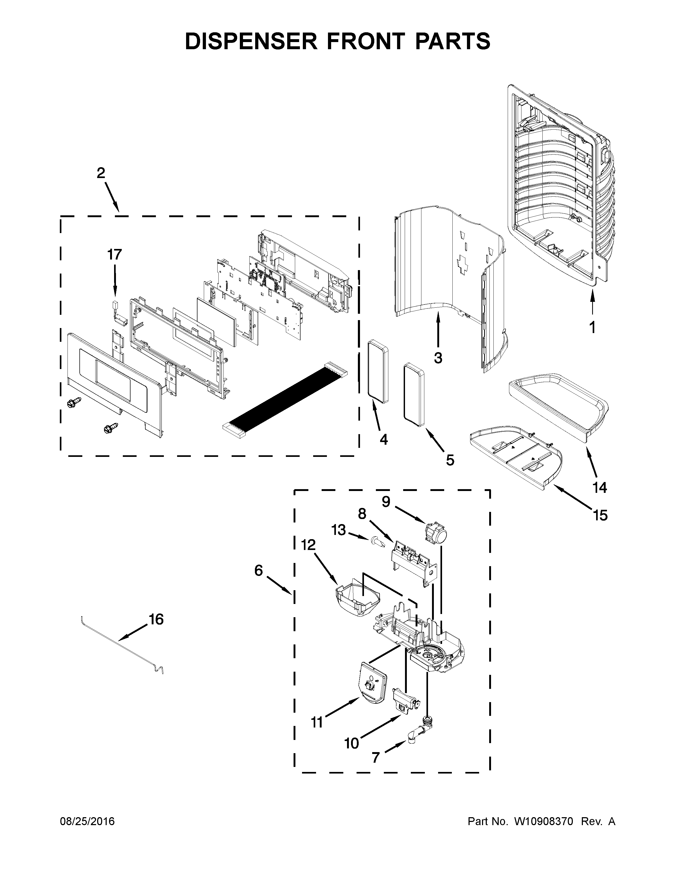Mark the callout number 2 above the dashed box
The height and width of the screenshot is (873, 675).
click(101, 173)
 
